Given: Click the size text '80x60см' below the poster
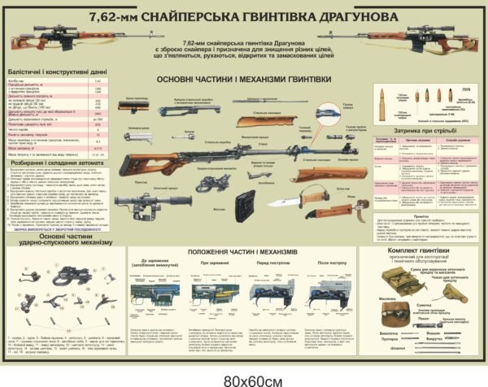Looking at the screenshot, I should (x=243, y=378).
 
